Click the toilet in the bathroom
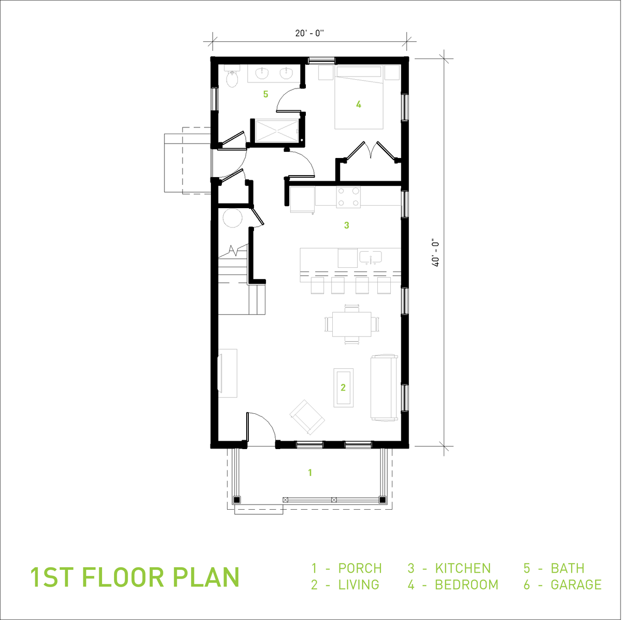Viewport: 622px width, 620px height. (232, 78)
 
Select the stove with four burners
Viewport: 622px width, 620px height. (348, 197)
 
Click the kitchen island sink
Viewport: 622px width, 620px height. (371, 257)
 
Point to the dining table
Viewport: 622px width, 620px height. (352, 324)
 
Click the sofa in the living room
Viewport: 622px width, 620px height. (384, 387)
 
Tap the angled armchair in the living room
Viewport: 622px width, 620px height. (307, 417)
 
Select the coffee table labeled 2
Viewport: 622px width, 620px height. (343, 387)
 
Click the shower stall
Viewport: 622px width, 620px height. (275, 130)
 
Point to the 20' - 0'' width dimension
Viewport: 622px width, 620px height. (309, 34)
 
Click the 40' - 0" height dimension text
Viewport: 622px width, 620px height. (435, 252)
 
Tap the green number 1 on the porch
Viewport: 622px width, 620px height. (310, 472)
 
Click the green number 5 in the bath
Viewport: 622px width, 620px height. (266, 94)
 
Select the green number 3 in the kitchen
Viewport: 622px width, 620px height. (347, 225)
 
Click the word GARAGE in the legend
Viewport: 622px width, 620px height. (576, 585)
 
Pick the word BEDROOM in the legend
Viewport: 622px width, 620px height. (466, 585)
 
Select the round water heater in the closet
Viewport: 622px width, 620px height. (232, 217)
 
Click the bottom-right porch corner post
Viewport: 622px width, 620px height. (383, 500)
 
